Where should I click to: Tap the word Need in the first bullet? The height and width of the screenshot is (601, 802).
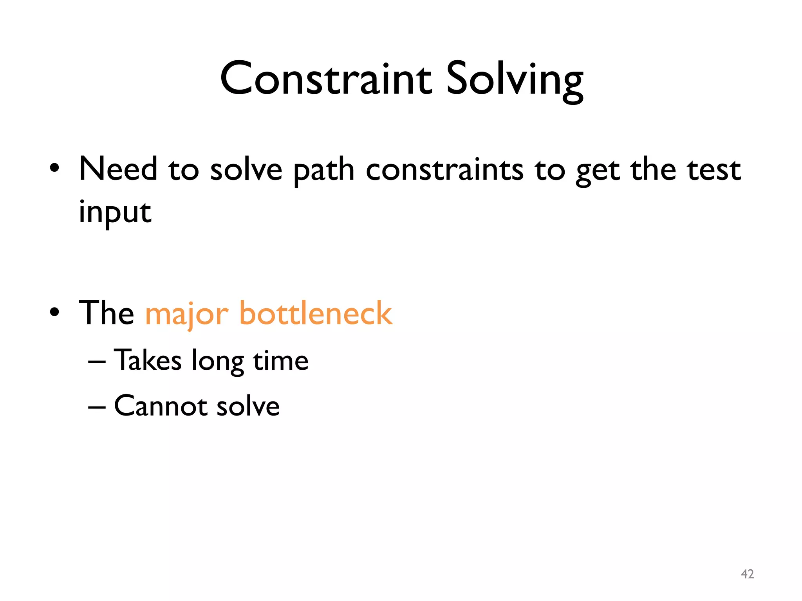[118, 169]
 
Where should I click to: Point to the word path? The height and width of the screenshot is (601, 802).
[323, 171]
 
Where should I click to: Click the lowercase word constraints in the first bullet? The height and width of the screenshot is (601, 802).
[444, 170]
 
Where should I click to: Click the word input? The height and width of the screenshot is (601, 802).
[115, 213]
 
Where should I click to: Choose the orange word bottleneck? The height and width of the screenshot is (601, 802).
[316, 313]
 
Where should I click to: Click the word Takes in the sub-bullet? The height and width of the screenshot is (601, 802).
[148, 360]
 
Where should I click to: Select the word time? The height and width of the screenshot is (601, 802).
[281, 360]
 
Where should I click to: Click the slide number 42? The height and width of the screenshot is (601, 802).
[747, 574]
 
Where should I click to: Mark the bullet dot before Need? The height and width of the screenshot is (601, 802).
[55, 168]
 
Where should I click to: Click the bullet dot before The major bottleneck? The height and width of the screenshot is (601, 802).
[55, 312]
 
